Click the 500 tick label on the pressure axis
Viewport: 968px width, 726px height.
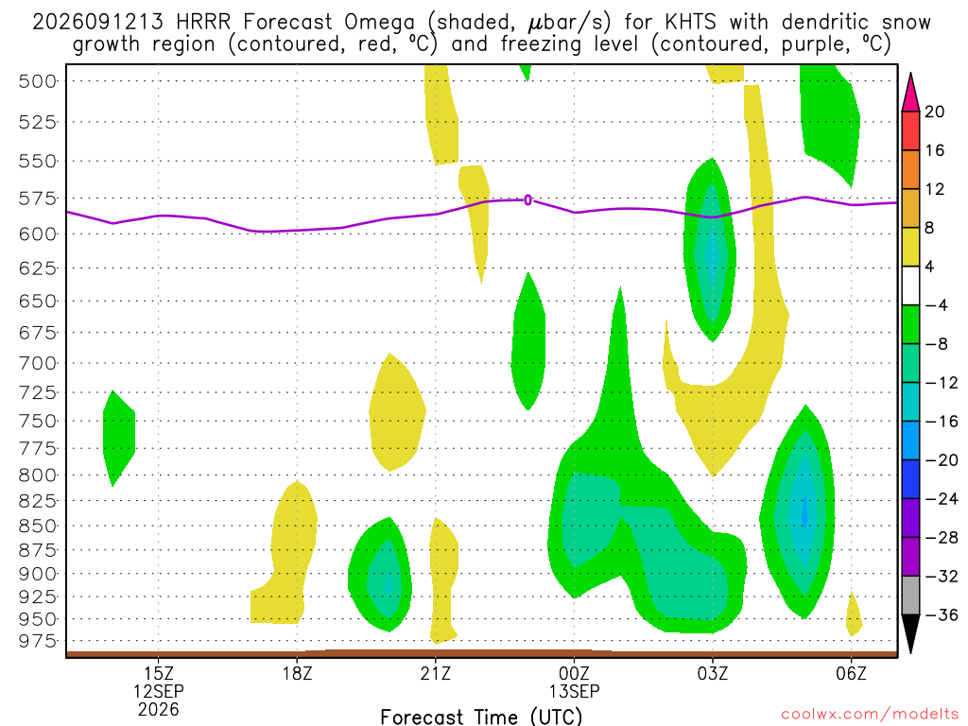(37, 81)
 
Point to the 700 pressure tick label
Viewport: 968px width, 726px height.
(37, 363)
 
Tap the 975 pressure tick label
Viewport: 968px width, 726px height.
(37, 642)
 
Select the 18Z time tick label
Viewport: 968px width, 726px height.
(297, 673)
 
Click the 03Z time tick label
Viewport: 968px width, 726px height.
(713, 673)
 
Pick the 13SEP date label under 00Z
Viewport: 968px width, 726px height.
(574, 691)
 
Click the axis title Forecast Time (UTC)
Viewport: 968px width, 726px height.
(481, 717)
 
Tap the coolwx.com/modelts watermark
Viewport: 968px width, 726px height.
(870, 715)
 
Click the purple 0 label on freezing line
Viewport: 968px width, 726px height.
(527, 200)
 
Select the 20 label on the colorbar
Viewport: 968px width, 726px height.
(934, 112)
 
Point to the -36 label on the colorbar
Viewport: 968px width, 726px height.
(941, 614)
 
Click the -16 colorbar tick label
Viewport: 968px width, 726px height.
(941, 422)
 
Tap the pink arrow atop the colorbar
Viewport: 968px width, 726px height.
(910, 93)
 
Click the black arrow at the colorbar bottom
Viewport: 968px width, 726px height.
(910, 632)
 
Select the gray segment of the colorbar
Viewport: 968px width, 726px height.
(910, 596)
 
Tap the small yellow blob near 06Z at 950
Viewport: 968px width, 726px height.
(854, 614)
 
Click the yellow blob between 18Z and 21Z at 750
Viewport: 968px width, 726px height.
(397, 412)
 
